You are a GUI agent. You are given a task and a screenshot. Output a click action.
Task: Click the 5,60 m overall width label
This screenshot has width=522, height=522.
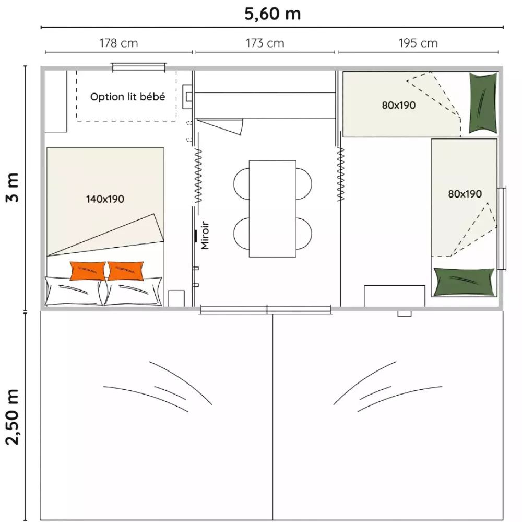pos(272,14)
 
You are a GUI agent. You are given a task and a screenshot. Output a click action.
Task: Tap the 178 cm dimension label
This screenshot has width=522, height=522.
pos(118,43)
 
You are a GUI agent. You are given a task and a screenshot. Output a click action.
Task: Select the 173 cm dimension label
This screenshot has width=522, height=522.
pos(265,43)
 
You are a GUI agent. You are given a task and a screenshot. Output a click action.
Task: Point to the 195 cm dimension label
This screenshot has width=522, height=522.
pos(418,43)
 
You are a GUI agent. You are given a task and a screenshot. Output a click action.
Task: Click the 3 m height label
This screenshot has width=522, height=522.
pos(13,188)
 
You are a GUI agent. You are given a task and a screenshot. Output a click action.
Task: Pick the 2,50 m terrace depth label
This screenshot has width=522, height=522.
pos(13,416)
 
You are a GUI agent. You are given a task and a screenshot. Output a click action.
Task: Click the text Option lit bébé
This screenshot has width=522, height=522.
pos(127,97)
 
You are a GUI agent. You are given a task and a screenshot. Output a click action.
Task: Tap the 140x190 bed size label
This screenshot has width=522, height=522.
pos(105,199)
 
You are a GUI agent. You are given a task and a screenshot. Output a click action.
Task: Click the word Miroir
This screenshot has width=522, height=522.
pos(205,235)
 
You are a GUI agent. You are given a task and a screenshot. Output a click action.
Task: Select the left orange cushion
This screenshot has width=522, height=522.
pos(88,271)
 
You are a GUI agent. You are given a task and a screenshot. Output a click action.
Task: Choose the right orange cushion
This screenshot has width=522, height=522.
pos(125,271)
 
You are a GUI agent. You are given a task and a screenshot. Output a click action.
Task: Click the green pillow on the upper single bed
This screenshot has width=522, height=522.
pos(483,103)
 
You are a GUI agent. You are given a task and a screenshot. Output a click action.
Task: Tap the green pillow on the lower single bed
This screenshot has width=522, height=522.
pos(464,282)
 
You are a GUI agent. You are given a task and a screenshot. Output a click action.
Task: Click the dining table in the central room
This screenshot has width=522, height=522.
pos(272,208)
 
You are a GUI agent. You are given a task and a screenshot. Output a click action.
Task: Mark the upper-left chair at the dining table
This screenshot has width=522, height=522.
pos(241,184)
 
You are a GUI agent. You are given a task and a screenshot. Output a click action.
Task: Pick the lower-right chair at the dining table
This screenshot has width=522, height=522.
pos(304,234)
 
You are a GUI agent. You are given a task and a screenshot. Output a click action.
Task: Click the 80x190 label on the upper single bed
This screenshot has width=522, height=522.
pos(398,106)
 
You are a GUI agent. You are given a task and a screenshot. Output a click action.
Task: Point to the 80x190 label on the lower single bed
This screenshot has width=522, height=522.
pos(465,194)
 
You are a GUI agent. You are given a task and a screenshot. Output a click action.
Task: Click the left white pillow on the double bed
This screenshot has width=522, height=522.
pos(74,291)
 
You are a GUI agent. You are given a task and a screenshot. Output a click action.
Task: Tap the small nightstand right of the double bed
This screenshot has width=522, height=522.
pos(176,298)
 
